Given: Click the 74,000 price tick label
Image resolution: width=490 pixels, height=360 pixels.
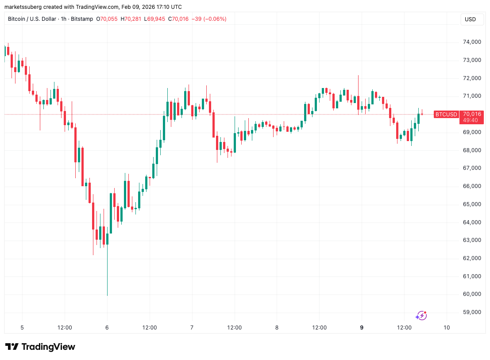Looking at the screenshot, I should (x=472, y=42).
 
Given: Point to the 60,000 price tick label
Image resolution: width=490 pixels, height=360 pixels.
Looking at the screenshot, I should (x=472, y=294).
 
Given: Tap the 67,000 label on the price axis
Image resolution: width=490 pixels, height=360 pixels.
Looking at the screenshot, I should (x=472, y=168).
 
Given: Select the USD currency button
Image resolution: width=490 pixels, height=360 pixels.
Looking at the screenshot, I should (x=470, y=19).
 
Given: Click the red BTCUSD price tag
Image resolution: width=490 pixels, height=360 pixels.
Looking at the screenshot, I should (x=446, y=115).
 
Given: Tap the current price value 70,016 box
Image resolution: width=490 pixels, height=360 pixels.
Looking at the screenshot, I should (x=472, y=114).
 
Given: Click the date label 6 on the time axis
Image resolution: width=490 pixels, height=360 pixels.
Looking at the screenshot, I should (x=107, y=328).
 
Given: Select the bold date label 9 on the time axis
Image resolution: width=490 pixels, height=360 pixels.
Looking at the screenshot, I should (x=362, y=328).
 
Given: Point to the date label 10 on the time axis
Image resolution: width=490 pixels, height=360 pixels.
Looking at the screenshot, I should (x=447, y=328).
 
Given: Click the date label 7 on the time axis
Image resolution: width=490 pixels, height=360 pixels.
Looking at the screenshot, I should (x=192, y=328).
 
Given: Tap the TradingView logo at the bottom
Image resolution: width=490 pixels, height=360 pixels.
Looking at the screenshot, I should (x=40, y=347).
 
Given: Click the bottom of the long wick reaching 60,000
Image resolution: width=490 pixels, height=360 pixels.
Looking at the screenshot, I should (x=107, y=295).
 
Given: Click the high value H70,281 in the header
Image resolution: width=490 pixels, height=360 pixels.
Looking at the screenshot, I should (x=132, y=19).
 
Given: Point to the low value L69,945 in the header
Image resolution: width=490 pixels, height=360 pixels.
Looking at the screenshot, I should (x=154, y=19).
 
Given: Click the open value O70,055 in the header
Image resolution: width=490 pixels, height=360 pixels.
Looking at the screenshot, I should (x=111, y=19).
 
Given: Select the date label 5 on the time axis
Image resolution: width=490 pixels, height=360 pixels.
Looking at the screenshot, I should (x=22, y=328).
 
